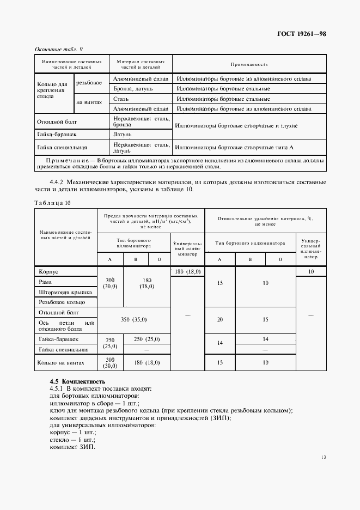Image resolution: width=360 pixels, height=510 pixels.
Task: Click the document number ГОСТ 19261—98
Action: point(300,34)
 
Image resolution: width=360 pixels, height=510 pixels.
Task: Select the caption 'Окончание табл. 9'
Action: point(58,50)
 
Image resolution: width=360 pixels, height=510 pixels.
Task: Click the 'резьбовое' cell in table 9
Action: point(89,83)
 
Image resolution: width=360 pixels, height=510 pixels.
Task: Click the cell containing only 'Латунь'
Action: point(123,133)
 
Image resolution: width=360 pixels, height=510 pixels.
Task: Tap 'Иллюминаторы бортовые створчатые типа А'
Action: point(235,147)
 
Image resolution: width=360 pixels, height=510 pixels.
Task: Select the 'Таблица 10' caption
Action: point(52,203)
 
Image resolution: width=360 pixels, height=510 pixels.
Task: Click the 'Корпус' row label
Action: point(48,271)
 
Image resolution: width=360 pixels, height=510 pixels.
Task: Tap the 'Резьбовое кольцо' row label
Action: point(61,302)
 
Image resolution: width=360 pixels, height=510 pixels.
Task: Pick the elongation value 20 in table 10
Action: point(219,319)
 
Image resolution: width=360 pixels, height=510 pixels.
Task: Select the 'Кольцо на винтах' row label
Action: point(60,362)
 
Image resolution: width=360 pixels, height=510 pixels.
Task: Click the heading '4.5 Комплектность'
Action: point(77,381)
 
